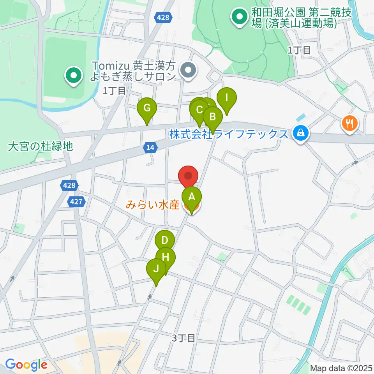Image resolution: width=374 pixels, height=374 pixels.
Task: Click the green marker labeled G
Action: tap(147, 108)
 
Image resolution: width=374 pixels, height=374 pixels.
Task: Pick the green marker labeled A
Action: tap(191, 197)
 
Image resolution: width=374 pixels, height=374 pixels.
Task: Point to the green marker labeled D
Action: tap(165, 240)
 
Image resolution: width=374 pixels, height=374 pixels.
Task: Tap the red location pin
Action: tap(189, 176)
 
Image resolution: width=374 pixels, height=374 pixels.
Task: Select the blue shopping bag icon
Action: tap(301, 134)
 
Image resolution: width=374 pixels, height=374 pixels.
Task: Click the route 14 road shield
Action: tap(151, 147)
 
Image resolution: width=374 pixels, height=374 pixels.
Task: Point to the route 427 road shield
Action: tap(76, 201)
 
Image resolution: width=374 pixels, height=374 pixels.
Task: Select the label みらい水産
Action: tap(152, 205)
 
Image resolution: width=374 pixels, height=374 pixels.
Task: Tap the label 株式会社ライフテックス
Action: tap(229, 134)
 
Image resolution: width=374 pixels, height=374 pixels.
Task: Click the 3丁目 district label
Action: tap(183, 338)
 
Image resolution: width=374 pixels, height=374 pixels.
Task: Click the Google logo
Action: tap(26, 365)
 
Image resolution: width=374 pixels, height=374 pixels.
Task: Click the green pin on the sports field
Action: tap(73, 76)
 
